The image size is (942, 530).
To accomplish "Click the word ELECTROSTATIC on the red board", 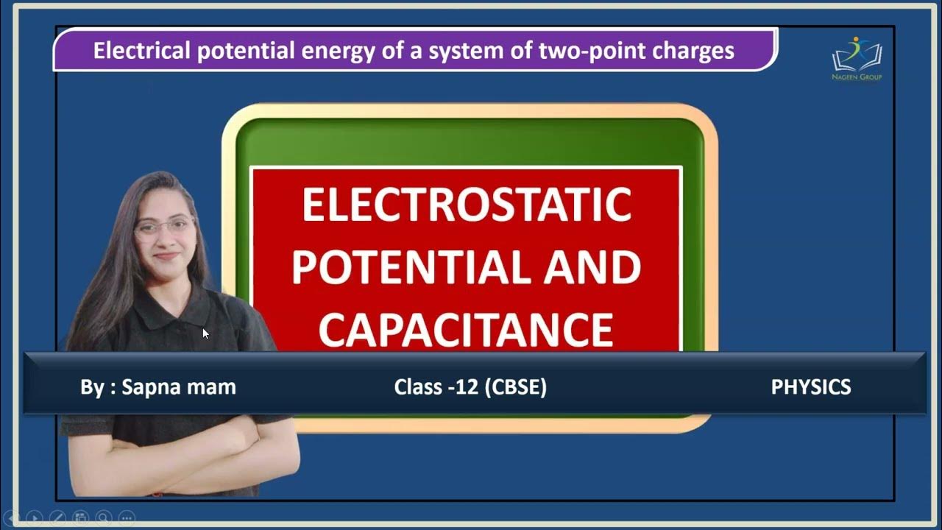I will coord(467,205).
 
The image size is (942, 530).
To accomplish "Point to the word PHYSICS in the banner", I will coord(810,387).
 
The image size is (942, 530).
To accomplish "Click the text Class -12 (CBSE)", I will coord(470,387).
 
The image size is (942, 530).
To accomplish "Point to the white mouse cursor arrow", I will coord(205,333).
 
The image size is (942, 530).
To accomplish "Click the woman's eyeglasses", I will coord(163,227).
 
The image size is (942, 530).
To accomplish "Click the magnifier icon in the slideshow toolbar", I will coord(103,517).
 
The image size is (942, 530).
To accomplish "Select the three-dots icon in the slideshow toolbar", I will coord(126,517).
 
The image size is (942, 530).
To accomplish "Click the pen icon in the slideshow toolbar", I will coord(57,517).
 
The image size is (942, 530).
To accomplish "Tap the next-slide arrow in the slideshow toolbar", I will coord(34,517).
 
